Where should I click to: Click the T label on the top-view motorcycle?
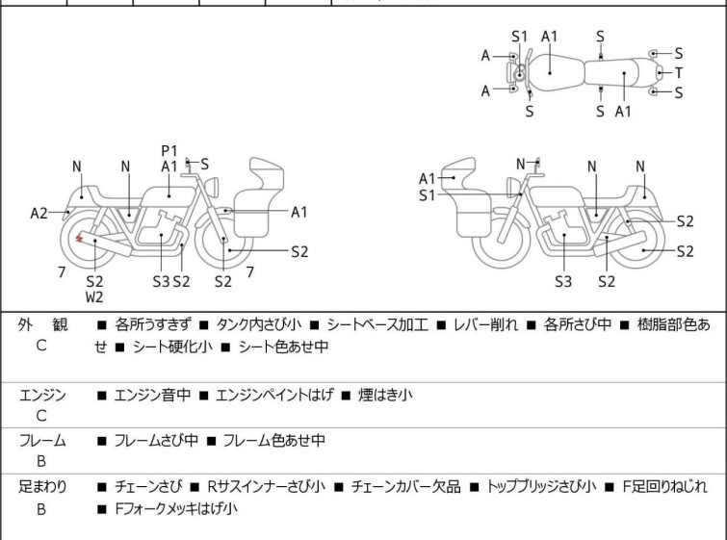pyautogui.click(x=679, y=73)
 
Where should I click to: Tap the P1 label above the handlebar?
pyautogui.click(x=169, y=150)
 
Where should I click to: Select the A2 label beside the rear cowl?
pyautogui.click(x=39, y=213)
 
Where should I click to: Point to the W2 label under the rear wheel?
pyautogui.click(x=94, y=297)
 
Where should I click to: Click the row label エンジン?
pyautogui.click(x=42, y=395)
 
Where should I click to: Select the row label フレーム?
pyautogui.click(x=42, y=441)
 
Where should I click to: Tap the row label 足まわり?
pyautogui.click(x=42, y=487)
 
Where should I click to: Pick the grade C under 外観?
pyautogui.click(x=41, y=345)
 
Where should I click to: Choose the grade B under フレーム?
pyautogui.click(x=41, y=461)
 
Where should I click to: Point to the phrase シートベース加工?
pyautogui.click(x=376, y=325)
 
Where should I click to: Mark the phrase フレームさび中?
pyautogui.click(x=156, y=441)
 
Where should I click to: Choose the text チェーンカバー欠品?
pyautogui.click(x=405, y=487)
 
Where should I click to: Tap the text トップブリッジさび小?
pyautogui.click(x=542, y=487)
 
